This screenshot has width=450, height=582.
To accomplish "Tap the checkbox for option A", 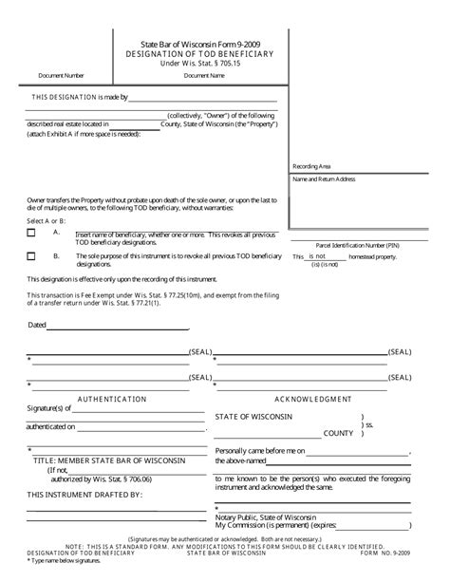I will [31, 233].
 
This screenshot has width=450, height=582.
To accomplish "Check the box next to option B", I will [31, 255].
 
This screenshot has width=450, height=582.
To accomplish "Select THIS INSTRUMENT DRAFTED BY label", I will [84, 495].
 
